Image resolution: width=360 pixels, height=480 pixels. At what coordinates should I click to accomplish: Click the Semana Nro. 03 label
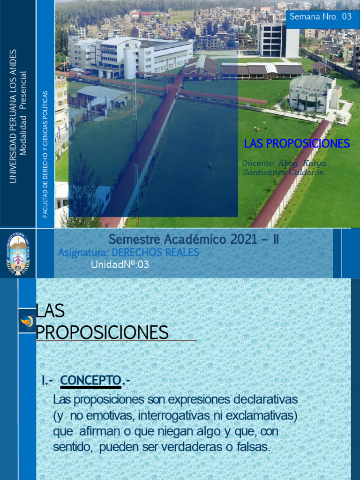click(320, 17)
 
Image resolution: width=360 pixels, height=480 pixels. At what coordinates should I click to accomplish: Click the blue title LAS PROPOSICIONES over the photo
click(297, 144)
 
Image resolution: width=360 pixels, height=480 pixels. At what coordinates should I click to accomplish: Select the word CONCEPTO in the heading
click(90, 380)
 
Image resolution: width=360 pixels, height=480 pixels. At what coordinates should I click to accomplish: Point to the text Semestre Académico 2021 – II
click(194, 240)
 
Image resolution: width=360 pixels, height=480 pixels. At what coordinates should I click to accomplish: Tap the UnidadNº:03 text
click(120, 264)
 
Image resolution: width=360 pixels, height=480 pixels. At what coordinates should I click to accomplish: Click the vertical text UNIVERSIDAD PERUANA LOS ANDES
click(13, 116)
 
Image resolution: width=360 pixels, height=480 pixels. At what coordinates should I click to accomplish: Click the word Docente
click(258, 163)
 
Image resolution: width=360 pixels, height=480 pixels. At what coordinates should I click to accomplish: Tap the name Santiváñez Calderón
click(283, 172)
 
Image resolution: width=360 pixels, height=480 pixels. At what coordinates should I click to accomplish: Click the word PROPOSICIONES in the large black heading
click(102, 332)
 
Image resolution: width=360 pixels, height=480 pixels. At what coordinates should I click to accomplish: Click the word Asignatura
click(77, 253)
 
